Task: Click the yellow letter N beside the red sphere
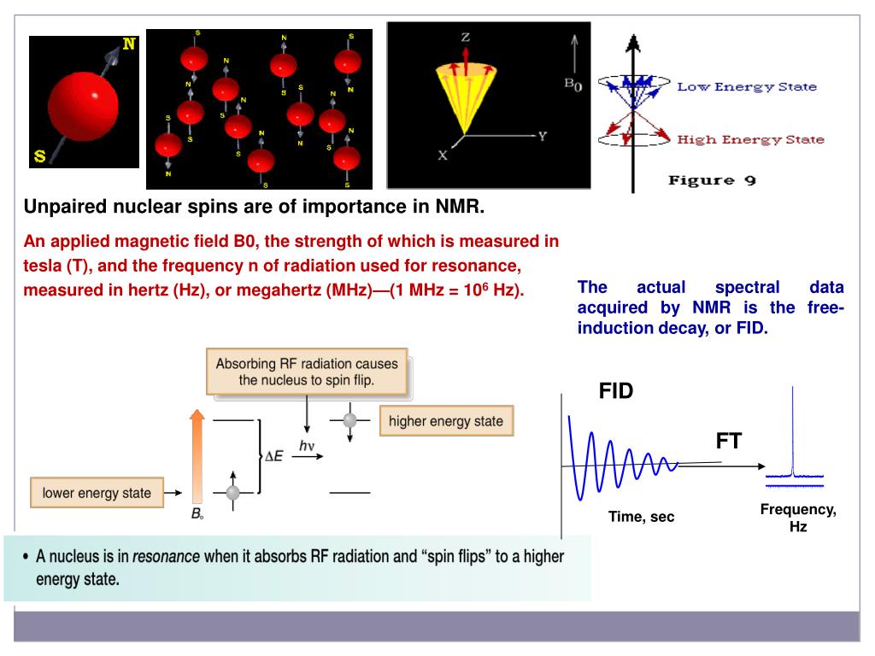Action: (128, 44)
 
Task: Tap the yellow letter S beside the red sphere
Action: (39, 155)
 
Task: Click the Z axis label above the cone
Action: (466, 38)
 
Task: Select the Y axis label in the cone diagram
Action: (542, 137)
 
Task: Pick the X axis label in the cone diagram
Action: (443, 155)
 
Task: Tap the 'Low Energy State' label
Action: (747, 86)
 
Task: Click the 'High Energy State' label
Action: (750, 140)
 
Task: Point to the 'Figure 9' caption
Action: (713, 180)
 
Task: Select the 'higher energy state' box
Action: (446, 421)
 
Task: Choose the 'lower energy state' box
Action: (97, 492)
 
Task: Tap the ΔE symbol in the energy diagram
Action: (273, 456)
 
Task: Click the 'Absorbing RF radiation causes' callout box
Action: (307, 372)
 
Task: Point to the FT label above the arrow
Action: (729, 441)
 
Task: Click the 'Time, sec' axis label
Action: (641, 517)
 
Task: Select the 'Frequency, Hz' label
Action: (798, 518)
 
